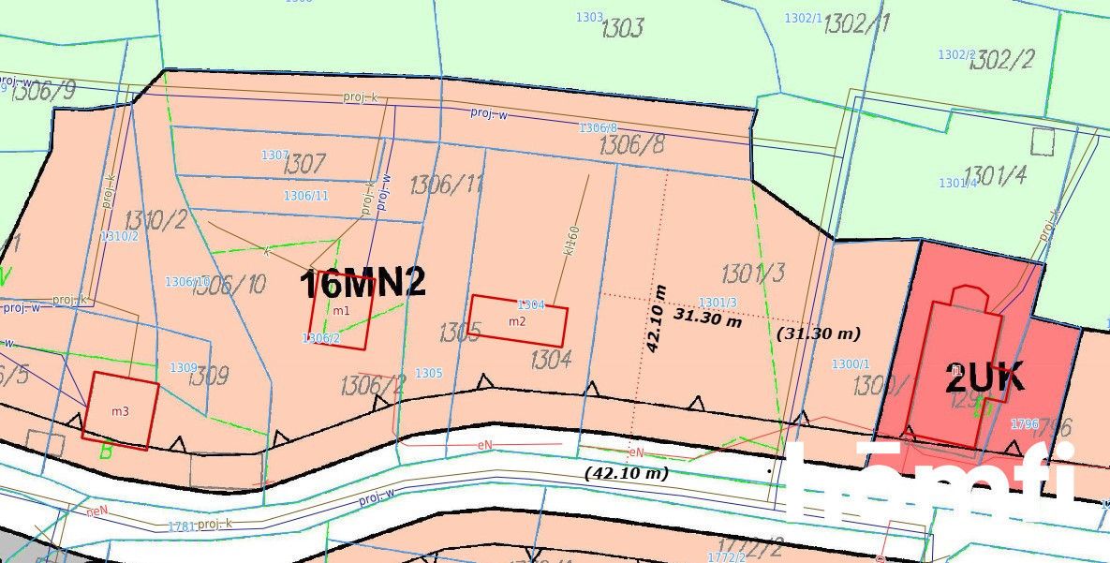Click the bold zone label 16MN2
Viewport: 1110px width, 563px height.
click(x=362, y=284)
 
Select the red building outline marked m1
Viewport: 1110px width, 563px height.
click(x=341, y=310)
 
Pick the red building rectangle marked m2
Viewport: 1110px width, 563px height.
click(x=518, y=321)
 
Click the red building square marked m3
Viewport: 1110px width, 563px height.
click(x=119, y=410)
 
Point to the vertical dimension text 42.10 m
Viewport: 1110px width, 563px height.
click(x=656, y=319)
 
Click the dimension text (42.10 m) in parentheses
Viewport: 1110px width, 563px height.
click(x=626, y=473)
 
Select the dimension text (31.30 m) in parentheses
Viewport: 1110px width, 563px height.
click(x=818, y=333)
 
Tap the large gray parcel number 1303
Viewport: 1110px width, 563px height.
click(x=622, y=28)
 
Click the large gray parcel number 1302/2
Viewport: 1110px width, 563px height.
click(x=1001, y=61)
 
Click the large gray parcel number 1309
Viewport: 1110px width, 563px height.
click(x=208, y=377)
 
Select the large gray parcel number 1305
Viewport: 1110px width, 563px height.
click(x=460, y=333)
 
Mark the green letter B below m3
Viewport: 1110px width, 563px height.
click(x=106, y=452)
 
